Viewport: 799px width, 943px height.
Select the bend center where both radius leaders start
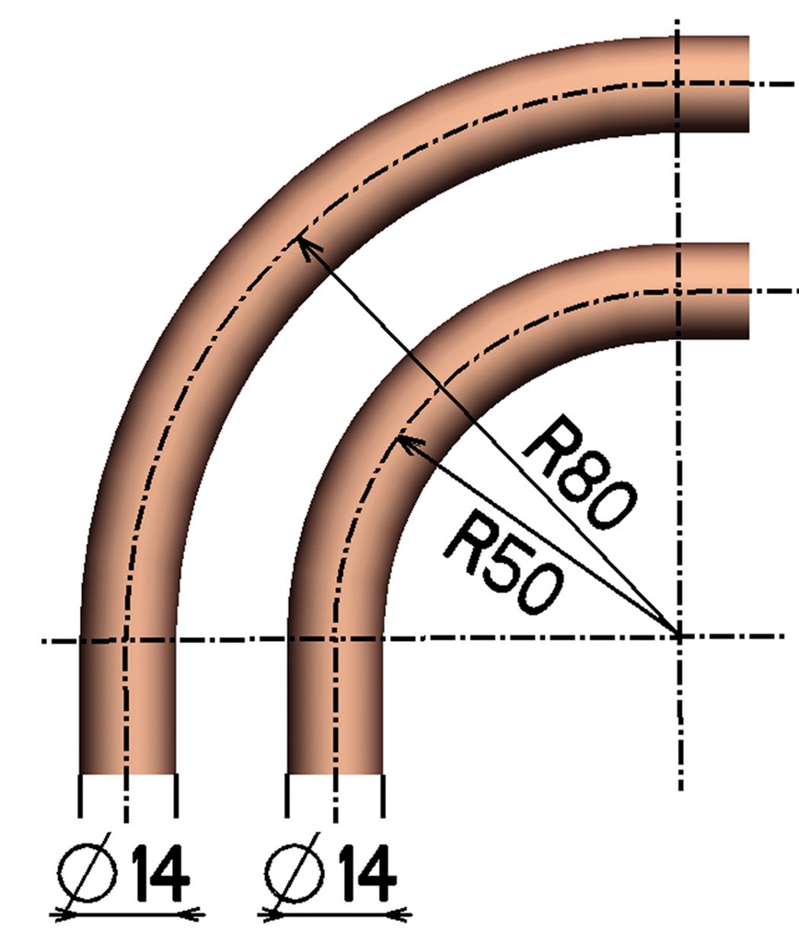pyautogui.click(x=678, y=634)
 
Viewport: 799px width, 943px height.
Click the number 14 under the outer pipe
pyautogui.click(x=162, y=871)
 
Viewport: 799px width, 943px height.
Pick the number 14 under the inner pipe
pyautogui.click(x=368, y=871)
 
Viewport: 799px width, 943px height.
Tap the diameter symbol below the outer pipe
pyautogui.click(x=87, y=871)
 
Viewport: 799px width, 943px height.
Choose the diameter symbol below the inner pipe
pyautogui.click(x=294, y=871)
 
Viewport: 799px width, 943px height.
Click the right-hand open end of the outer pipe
pyautogui.click(x=747, y=85)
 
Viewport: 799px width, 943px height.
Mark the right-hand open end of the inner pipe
pyautogui.click(x=747, y=292)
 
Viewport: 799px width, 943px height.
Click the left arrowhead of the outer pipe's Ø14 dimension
pyautogui.click(x=61, y=913)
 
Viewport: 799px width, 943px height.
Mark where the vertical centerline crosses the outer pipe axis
pyautogui.click(x=678, y=84)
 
